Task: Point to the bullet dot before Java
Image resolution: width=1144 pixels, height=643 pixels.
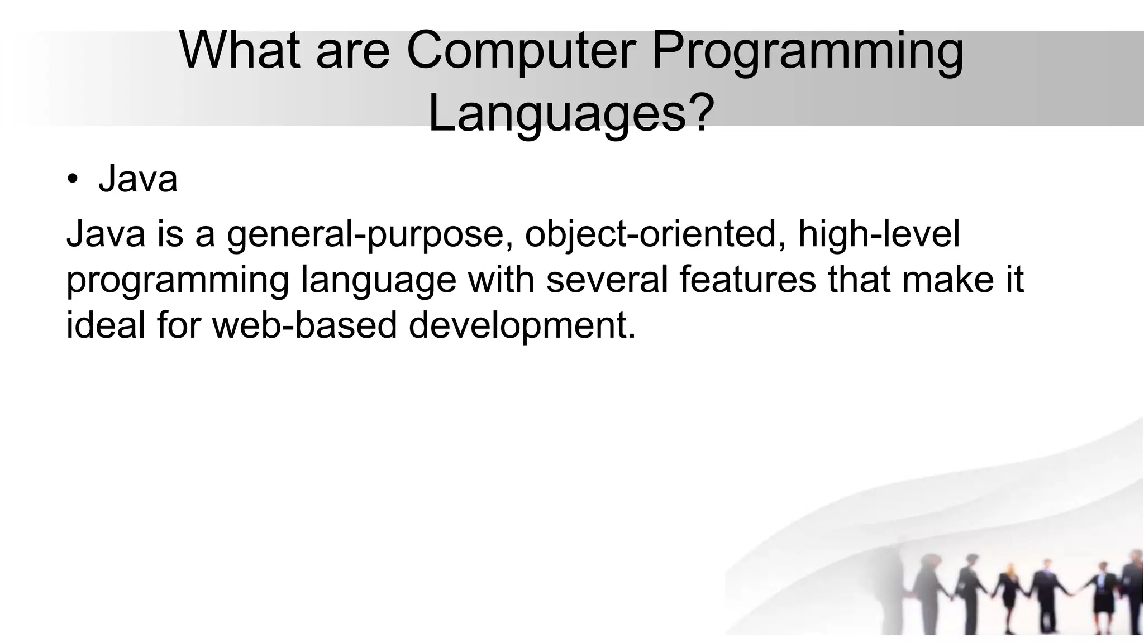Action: [x=72, y=180]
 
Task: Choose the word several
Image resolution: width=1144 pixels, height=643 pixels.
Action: [x=607, y=279]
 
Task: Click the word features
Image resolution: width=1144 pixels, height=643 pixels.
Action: [x=747, y=279]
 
